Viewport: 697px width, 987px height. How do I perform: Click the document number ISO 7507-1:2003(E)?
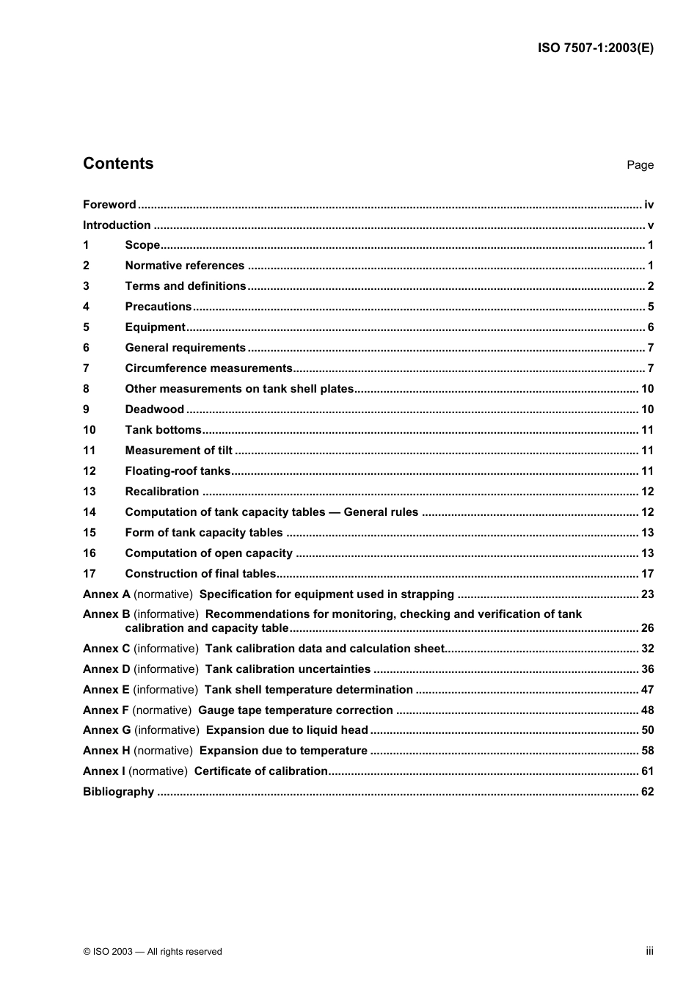click(595, 48)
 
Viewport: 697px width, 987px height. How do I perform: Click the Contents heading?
click(118, 164)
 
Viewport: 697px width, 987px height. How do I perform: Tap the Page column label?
click(640, 165)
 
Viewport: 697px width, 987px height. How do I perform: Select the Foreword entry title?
click(109, 205)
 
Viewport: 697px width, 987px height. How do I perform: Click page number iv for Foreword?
click(649, 205)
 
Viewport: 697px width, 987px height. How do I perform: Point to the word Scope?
click(142, 245)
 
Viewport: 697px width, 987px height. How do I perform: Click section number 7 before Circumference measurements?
click(86, 368)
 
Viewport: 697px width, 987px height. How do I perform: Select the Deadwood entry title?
click(154, 409)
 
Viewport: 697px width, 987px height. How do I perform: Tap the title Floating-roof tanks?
click(178, 471)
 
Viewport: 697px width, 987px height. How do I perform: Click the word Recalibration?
click(161, 492)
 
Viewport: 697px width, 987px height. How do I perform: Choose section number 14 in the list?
click(89, 512)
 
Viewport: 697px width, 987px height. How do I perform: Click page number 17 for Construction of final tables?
click(647, 574)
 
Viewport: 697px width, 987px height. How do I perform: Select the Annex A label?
click(106, 594)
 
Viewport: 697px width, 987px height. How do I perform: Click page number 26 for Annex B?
click(647, 628)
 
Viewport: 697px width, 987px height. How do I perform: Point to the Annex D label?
click(106, 669)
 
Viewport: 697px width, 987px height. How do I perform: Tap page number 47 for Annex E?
click(647, 690)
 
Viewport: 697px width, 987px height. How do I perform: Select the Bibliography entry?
click(118, 792)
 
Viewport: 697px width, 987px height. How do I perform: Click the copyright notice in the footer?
click(153, 952)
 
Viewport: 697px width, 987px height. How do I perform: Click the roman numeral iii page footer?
click(649, 951)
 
